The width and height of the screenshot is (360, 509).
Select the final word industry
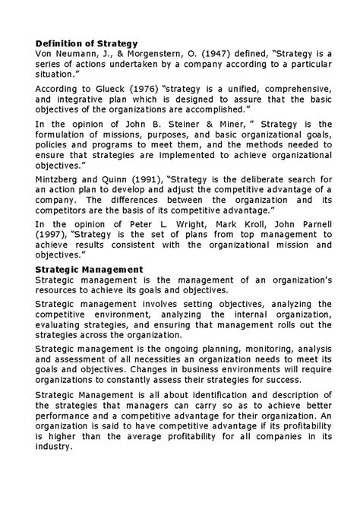point(54,447)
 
